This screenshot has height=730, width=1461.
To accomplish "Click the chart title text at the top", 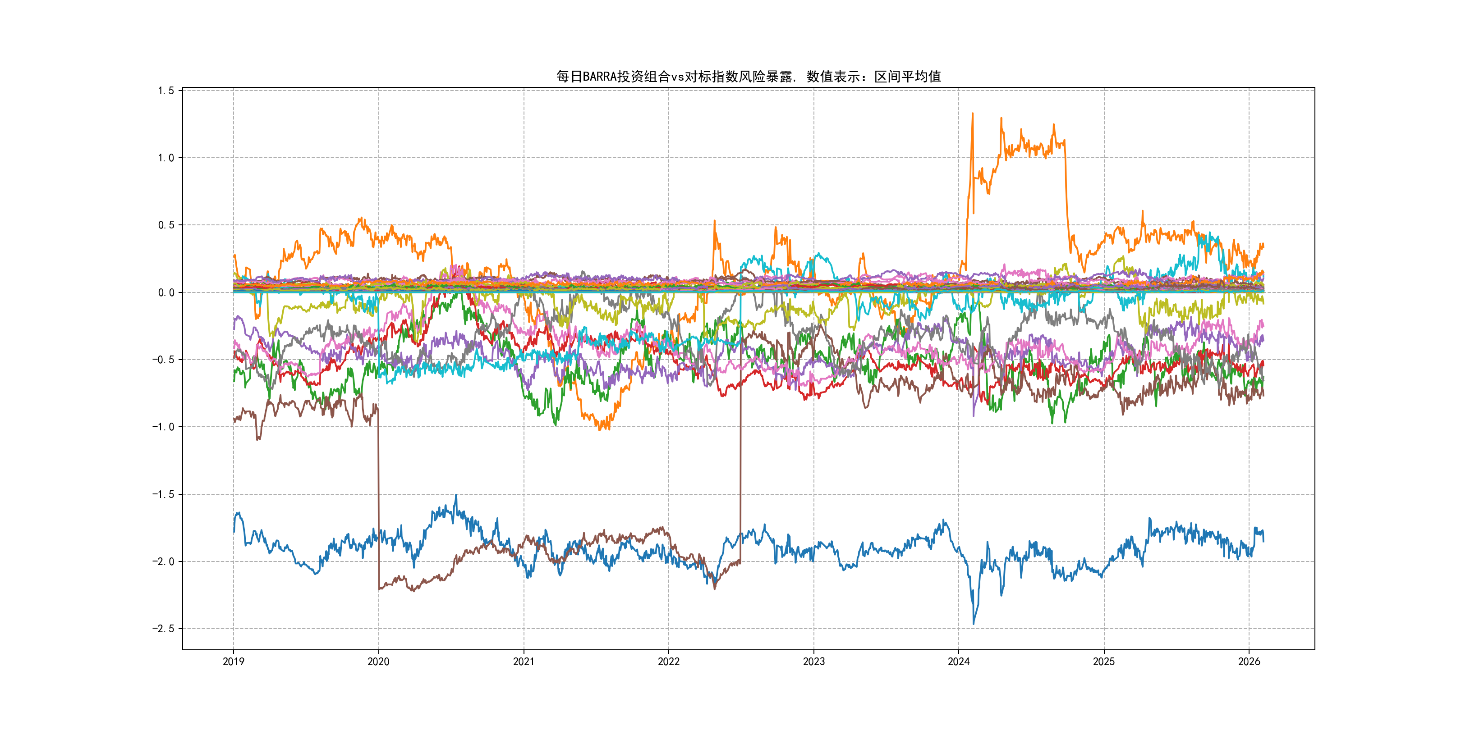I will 748,77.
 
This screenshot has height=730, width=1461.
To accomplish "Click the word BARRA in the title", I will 599,77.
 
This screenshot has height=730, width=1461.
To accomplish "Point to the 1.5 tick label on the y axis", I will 166,91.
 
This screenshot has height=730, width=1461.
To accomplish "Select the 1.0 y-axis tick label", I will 166,158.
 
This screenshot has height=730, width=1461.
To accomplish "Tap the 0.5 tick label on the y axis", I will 166,225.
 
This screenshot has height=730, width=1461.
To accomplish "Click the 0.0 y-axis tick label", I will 166,292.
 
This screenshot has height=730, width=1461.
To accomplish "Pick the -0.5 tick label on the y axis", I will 163,360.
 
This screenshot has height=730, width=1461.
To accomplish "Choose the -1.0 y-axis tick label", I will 163,427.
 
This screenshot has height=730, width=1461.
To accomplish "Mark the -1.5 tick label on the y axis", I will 163,494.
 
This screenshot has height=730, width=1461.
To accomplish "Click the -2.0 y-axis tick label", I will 163,561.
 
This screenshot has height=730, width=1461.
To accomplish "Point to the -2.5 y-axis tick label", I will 163,629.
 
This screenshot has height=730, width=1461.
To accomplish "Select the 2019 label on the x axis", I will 233,662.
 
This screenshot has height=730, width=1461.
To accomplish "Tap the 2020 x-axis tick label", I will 378,662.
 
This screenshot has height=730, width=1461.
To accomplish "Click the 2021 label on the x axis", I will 524,662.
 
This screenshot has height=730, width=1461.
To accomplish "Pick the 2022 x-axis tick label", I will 669,662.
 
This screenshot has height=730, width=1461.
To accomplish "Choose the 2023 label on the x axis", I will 814,662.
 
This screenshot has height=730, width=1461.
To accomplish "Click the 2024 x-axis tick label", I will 959,662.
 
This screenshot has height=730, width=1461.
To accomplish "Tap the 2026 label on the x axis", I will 1249,662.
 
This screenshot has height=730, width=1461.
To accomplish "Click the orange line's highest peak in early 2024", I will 973,114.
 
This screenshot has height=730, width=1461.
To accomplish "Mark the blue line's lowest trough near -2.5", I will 974,624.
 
